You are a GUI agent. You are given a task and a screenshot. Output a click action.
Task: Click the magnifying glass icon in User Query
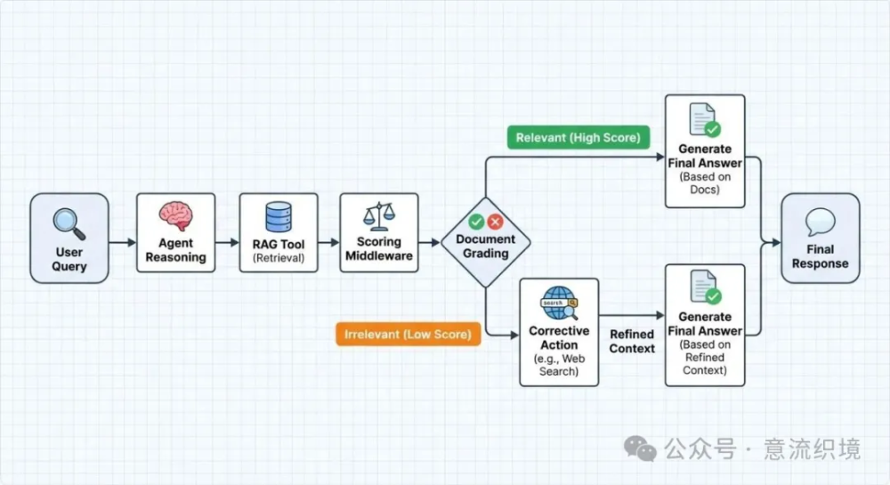(69, 224)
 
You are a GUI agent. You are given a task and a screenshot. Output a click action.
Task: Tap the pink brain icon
(176, 216)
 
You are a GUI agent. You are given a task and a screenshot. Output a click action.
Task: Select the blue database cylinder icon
(279, 217)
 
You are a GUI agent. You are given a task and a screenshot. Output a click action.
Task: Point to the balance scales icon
(379, 216)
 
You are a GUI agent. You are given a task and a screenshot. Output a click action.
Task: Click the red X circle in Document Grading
(495, 222)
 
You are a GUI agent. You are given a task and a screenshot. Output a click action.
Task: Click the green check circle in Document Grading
(476, 222)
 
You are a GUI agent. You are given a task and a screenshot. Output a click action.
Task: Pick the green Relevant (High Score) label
(578, 137)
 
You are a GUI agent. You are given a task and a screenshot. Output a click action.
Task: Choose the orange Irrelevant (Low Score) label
(409, 334)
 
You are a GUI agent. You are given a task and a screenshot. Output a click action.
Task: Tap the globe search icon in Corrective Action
(559, 303)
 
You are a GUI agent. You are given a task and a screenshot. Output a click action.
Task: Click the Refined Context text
(632, 342)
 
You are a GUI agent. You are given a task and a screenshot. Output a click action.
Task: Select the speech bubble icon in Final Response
(821, 222)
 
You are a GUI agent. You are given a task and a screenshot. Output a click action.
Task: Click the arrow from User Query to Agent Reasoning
(123, 243)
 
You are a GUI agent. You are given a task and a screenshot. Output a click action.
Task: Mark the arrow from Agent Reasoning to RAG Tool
(227, 243)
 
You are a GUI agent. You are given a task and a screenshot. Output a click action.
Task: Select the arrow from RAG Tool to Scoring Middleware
(328, 243)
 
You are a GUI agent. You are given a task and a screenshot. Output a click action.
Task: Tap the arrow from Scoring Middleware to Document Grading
(430, 243)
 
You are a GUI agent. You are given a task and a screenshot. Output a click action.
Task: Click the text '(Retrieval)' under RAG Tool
(279, 258)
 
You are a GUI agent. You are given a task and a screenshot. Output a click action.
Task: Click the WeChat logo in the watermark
(640, 449)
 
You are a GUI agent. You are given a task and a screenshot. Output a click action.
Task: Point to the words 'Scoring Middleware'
(379, 248)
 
